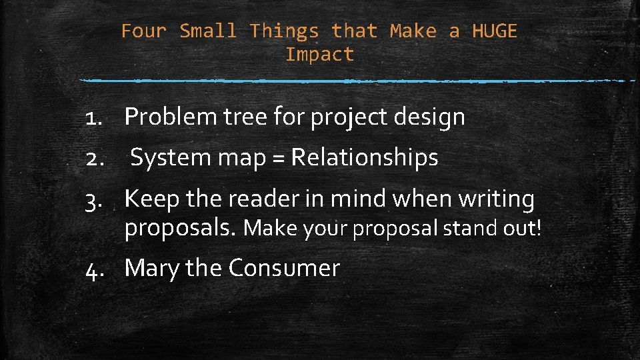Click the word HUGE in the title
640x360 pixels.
[494, 31]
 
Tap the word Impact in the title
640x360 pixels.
[319, 55]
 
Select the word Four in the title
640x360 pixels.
[144, 31]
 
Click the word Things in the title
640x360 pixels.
[284, 31]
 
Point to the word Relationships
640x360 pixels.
[365, 158]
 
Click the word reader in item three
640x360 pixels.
[257, 199]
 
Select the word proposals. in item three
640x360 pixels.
[180, 229]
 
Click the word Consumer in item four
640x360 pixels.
[284, 268]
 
